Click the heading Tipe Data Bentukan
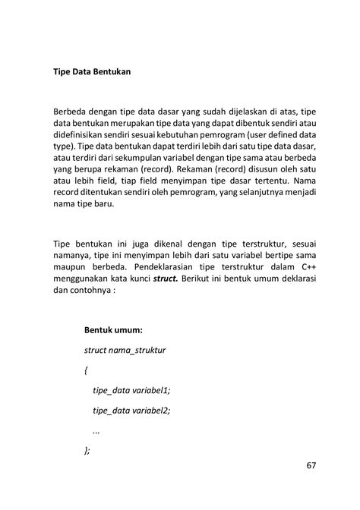tap(93, 74)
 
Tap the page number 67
tap(313, 464)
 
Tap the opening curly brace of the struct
tap(87, 370)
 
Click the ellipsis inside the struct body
tap(96, 430)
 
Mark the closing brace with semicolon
tap(87, 449)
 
